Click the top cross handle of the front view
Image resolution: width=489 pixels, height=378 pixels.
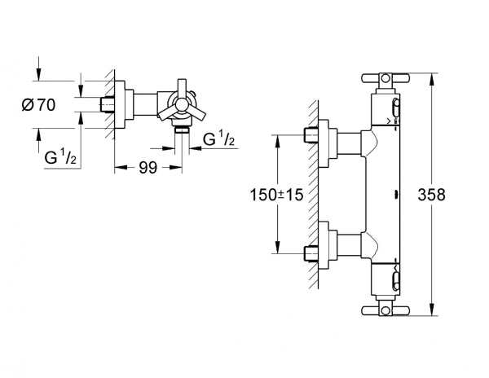pos(382,80)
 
